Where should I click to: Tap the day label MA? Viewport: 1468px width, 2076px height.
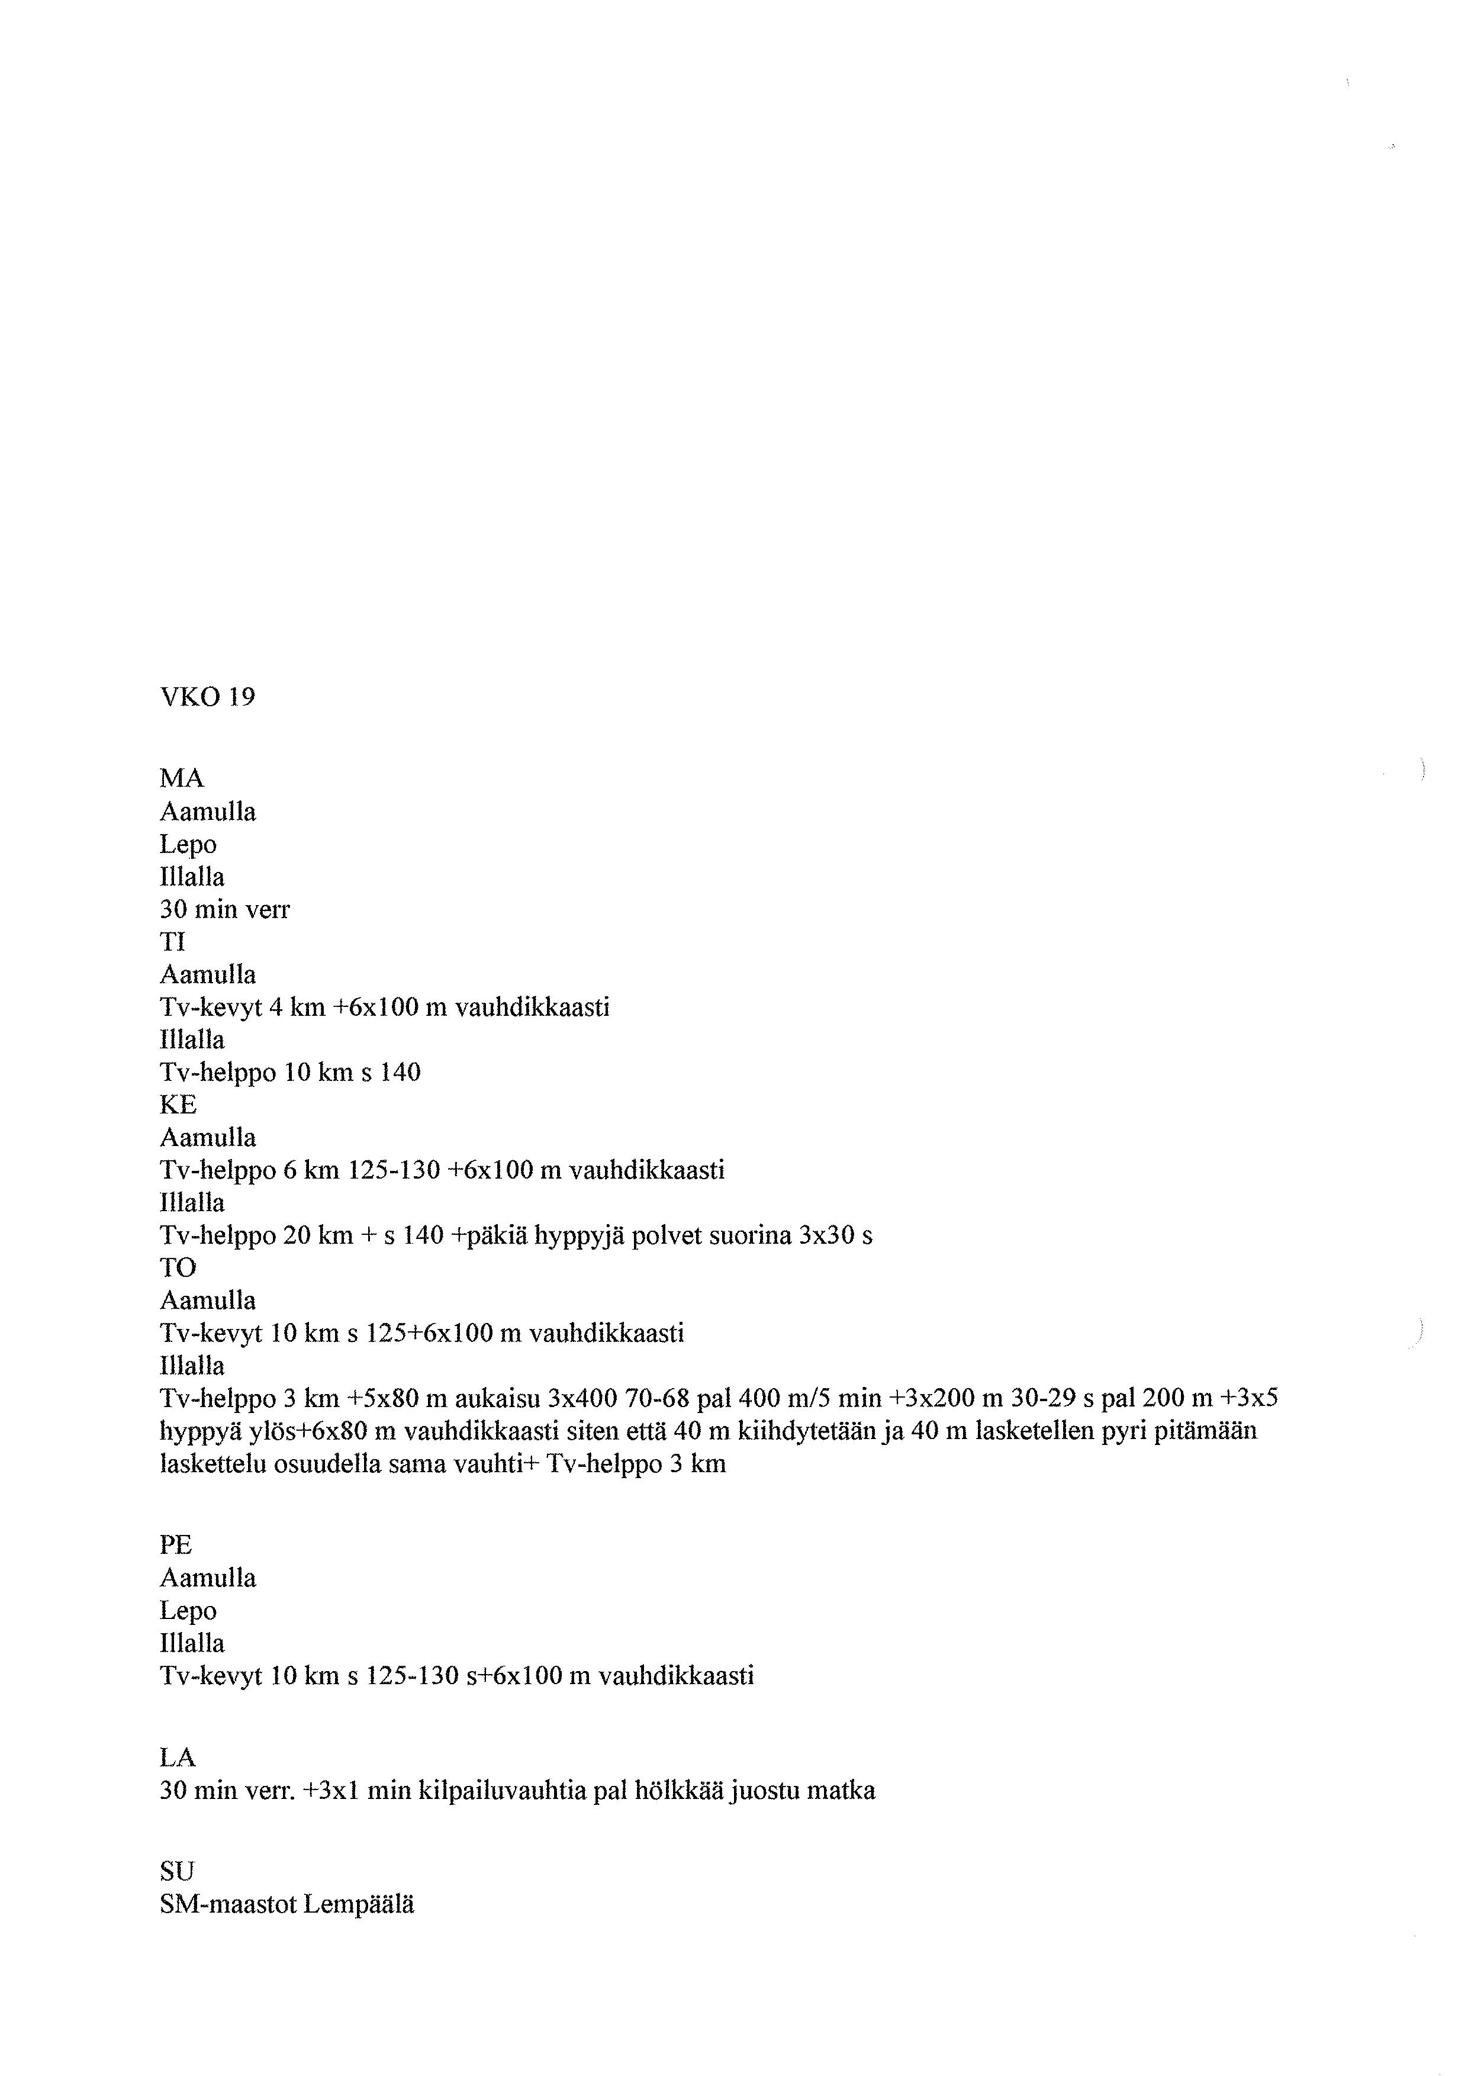pyautogui.click(x=182, y=778)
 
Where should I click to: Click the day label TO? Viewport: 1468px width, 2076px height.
pyautogui.click(x=178, y=1267)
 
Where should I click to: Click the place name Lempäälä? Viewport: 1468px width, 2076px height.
pyautogui.click(x=359, y=1904)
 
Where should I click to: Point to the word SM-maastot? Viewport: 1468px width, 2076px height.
pyautogui.click(x=228, y=1904)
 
